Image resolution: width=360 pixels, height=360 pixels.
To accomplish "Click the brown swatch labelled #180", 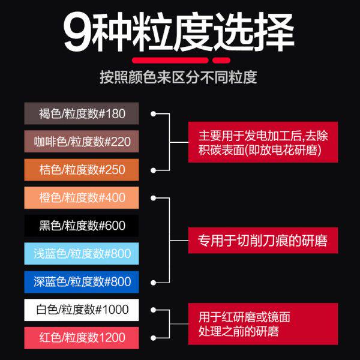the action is coord(81,113).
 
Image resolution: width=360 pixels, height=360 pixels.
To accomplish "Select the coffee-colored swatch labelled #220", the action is coord(81,142).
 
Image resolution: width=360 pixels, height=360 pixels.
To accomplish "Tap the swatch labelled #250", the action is coord(81,170).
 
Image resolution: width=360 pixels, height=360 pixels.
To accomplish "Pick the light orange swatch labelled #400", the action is coord(81,197).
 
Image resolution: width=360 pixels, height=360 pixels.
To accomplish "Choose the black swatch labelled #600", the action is coord(81,226).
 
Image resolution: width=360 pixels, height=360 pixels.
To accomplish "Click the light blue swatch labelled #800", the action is coord(81,254).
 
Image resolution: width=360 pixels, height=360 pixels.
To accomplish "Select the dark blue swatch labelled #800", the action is coord(81,281).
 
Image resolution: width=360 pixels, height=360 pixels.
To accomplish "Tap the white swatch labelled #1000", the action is coord(81,310).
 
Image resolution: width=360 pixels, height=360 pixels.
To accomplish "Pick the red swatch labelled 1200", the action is coord(81,338).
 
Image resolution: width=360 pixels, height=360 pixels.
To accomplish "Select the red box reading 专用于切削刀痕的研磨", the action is coord(263,240).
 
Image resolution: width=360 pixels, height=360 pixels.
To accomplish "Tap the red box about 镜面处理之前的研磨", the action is coord(263,323).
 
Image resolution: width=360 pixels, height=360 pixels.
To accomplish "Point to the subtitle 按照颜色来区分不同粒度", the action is coord(179,78).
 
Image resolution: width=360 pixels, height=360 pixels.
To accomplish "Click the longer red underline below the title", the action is coord(170,60).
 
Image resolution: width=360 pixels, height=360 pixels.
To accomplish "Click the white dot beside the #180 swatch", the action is coord(154,113).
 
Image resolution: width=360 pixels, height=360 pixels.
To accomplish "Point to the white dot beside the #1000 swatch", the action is coord(154,310).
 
